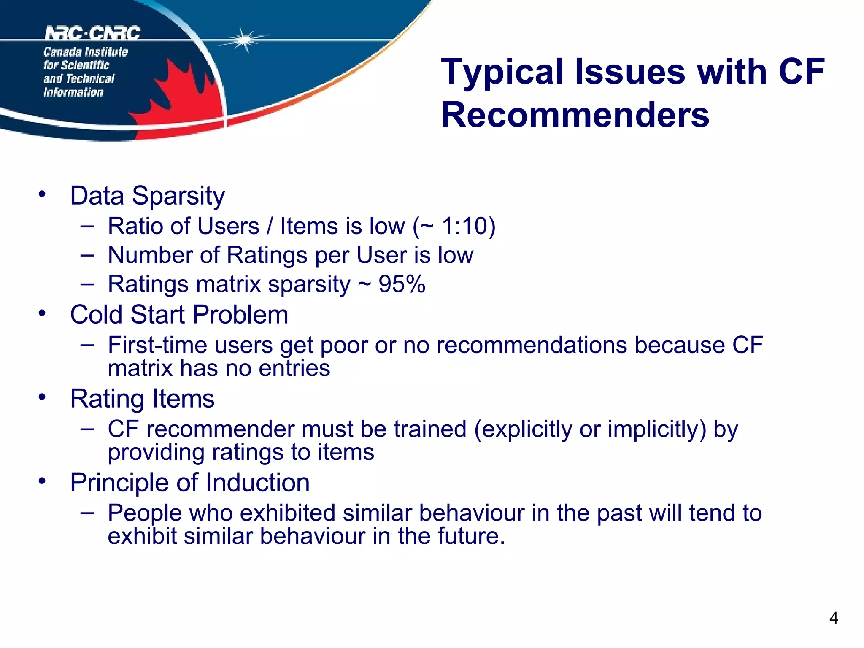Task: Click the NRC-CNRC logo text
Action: tap(93, 32)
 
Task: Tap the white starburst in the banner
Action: tap(243, 40)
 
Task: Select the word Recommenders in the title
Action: tap(575, 115)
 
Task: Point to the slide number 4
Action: tap(833, 618)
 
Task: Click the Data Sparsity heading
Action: tap(147, 196)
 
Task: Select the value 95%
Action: tap(402, 284)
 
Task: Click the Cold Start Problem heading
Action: tap(179, 315)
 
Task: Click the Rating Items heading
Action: tap(142, 399)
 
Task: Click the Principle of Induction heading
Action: tap(189, 483)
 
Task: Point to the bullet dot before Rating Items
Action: tap(42, 397)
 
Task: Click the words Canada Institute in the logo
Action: tap(85, 52)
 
